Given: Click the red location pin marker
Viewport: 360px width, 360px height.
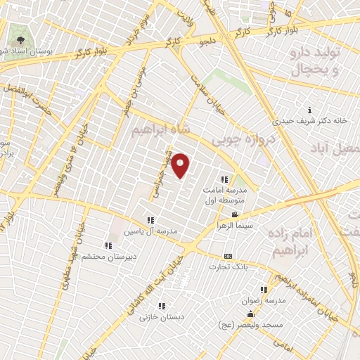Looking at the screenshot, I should click(x=181, y=165).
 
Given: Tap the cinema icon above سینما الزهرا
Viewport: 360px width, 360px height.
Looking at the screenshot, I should click(x=235, y=215).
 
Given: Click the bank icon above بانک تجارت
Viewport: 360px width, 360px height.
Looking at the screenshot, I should click(x=228, y=257).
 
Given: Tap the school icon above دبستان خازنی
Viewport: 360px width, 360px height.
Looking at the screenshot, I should click(x=162, y=306).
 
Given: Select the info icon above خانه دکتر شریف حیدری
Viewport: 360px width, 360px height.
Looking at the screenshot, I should click(x=310, y=109).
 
